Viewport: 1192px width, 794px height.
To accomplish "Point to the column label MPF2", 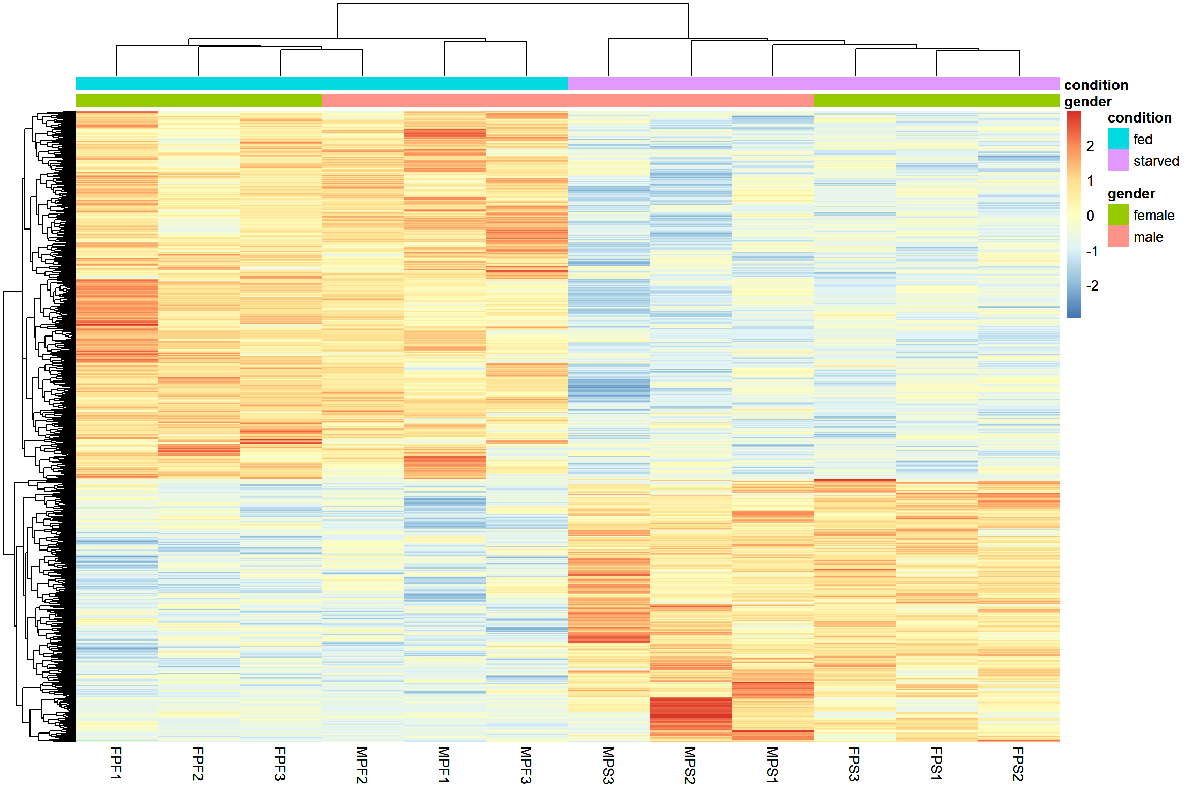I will pyautogui.click(x=362, y=765).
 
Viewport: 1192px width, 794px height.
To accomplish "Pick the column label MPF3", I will pyautogui.click(x=526, y=765).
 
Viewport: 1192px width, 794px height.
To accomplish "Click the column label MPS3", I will pyautogui.click(x=608, y=765).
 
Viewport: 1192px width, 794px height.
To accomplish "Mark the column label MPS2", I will pyautogui.click(x=690, y=765).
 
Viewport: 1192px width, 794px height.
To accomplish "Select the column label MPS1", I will pyautogui.click(x=772, y=765).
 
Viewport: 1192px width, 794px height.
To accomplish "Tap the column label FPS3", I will pyautogui.click(x=854, y=764).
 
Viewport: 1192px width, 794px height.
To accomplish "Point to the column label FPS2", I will pyautogui.click(x=1018, y=764).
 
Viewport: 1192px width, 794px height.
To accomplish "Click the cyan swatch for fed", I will pyautogui.click(x=1118, y=139).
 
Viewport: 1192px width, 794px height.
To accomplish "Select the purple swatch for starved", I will pyautogui.click(x=1118, y=160).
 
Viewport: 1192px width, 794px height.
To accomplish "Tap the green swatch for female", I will pyautogui.click(x=1118, y=215).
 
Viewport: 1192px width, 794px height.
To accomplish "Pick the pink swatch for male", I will pyautogui.click(x=1118, y=236).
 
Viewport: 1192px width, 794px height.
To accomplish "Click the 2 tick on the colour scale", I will pyautogui.click(x=1090, y=146).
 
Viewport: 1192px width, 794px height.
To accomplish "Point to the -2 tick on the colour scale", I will pyautogui.click(x=1092, y=286).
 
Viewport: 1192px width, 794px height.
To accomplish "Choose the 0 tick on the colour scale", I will pyautogui.click(x=1090, y=216).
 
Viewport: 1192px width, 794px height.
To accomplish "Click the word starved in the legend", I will pyautogui.click(x=1156, y=161).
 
